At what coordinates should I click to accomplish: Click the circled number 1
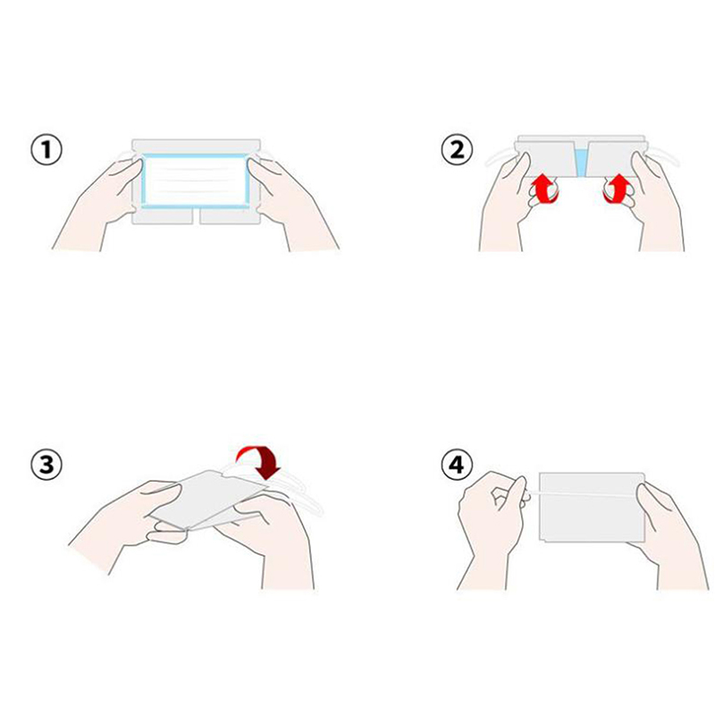[x=46, y=150]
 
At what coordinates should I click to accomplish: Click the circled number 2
[x=457, y=150]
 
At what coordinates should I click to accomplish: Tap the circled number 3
[x=46, y=465]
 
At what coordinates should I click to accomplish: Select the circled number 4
[x=457, y=465]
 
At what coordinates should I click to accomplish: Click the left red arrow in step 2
[x=545, y=189]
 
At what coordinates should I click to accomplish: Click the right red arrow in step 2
[x=617, y=189]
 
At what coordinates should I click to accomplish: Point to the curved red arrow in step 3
[x=261, y=459]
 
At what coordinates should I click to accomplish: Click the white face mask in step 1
[x=195, y=181]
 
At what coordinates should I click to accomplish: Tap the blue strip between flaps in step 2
[x=580, y=163]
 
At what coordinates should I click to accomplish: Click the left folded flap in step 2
[x=545, y=159]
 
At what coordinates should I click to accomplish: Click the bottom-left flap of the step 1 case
[x=163, y=216]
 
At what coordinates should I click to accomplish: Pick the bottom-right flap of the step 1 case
[x=230, y=216]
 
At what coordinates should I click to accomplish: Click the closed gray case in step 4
[x=592, y=507]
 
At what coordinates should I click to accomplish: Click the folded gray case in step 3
[x=207, y=500]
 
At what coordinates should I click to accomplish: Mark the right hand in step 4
[x=669, y=538]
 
